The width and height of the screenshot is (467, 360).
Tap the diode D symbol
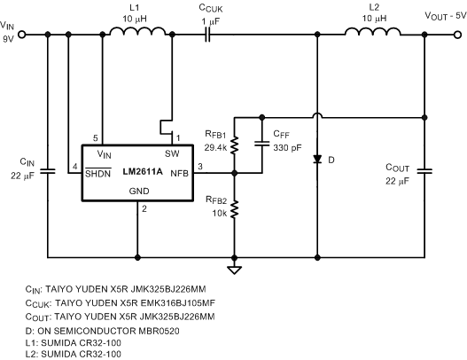(x=316, y=160)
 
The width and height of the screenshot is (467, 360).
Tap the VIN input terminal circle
(x=22, y=35)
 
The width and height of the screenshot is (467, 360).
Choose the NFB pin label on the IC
(x=178, y=174)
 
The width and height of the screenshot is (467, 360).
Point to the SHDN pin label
(x=97, y=173)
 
